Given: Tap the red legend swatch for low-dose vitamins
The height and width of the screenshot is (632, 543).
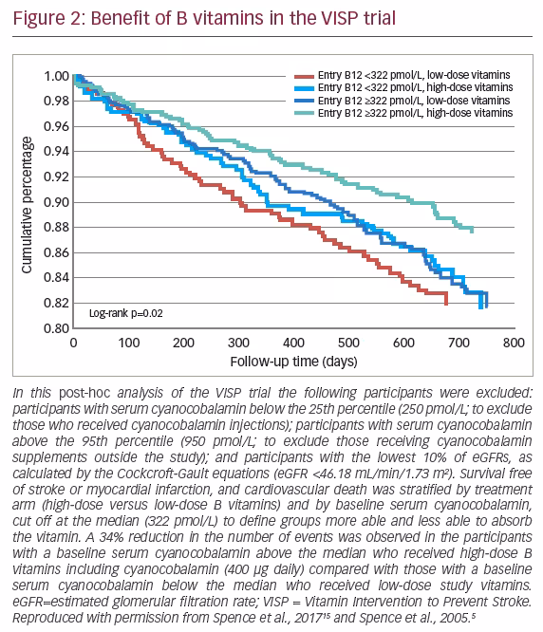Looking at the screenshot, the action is pos(304,76).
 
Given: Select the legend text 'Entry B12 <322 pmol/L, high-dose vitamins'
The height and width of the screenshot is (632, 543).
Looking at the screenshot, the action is pos(415,87).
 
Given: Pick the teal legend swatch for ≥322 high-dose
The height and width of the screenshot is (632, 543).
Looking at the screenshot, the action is pos(304,113).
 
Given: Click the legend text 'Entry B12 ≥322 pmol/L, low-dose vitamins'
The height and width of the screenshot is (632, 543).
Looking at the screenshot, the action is pos(414,101).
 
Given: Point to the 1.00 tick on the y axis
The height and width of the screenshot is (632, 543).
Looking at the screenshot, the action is pos(56,76).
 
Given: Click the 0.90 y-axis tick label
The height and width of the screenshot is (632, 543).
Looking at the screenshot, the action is pos(56,202).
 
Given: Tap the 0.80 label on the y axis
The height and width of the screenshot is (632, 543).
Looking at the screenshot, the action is pos(56,328).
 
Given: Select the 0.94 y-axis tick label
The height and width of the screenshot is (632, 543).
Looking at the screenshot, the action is pos(56,152).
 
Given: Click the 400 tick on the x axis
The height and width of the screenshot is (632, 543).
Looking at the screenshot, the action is pos(293,343).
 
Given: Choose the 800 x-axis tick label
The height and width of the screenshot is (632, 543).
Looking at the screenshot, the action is pos(514,343).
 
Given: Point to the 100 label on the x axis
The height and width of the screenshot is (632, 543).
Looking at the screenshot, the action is pos(128,343).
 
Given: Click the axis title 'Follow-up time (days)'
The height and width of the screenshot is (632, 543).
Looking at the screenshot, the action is pos(293,362).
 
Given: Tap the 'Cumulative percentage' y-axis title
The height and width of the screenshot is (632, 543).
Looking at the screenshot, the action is pos(27,205).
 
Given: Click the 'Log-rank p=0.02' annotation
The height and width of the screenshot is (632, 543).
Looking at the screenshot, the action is pos(125,313).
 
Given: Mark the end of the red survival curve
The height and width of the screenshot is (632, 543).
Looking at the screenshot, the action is pos(446,304).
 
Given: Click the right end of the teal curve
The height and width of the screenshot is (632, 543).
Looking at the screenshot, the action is pos(472,231).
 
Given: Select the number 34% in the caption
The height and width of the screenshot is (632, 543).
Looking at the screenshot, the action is pos(112,537).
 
